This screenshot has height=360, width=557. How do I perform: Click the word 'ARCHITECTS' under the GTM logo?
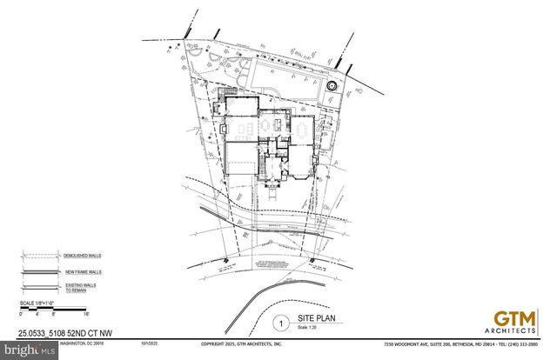click(513, 331)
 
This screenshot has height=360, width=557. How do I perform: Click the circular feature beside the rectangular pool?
click(332, 86)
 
